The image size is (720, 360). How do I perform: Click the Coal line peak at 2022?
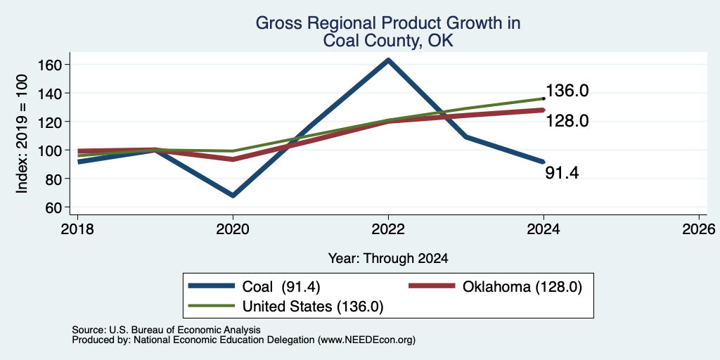[388, 60]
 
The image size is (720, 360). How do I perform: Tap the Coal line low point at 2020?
[233, 195]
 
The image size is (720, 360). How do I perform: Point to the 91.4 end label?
[562, 173]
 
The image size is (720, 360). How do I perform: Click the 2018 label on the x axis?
[77, 229]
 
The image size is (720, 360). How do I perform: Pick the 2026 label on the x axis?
[699, 229]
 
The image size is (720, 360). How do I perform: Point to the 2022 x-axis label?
[388, 229]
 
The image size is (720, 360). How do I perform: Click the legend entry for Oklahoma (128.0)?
[496, 287]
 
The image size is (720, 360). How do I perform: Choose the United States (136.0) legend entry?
[285, 307]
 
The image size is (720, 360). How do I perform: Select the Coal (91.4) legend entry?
[254, 287]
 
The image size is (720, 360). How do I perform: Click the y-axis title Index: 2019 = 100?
[22, 134]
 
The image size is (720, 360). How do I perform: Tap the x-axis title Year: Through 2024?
[388, 259]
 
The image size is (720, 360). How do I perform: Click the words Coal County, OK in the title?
[388, 41]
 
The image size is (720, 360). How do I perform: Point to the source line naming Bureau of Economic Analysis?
[166, 330]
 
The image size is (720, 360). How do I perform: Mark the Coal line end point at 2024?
[544, 162]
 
